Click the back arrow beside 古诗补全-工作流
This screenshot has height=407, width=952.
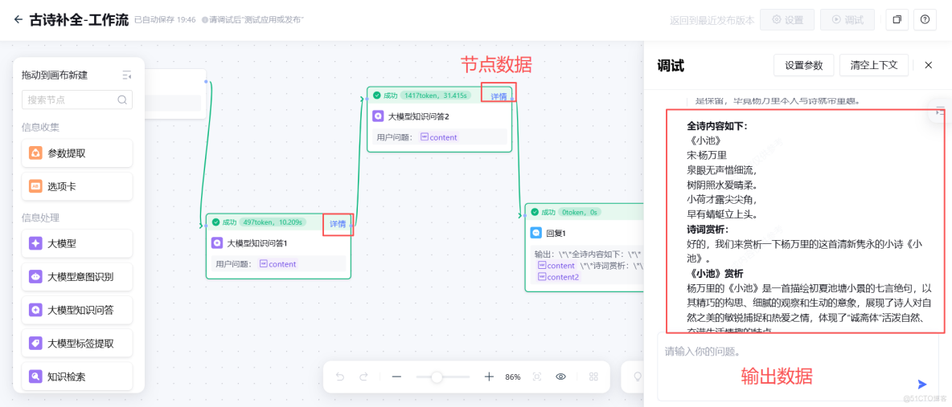(x=18, y=20)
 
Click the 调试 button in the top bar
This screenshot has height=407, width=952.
(x=847, y=20)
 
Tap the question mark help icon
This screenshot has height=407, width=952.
(x=925, y=20)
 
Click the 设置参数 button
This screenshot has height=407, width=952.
(x=803, y=65)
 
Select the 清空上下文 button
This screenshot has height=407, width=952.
(x=879, y=65)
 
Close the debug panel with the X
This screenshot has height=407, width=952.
(x=928, y=65)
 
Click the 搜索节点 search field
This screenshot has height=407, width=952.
(x=71, y=100)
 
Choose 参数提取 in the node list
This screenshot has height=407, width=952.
(x=77, y=153)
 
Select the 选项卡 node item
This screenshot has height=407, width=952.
(x=77, y=186)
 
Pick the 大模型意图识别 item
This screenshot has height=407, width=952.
(x=77, y=277)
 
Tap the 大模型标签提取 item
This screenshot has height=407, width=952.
(x=77, y=344)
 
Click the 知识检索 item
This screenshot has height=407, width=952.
(x=77, y=376)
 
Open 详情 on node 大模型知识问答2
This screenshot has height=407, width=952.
(x=499, y=96)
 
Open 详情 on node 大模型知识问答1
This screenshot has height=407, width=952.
(x=338, y=224)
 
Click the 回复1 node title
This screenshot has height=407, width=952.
(x=556, y=234)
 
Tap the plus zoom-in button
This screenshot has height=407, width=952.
(x=489, y=376)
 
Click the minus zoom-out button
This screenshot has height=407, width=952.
(x=396, y=376)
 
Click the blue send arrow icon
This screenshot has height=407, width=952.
(x=922, y=385)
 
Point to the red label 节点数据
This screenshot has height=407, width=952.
(x=496, y=64)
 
